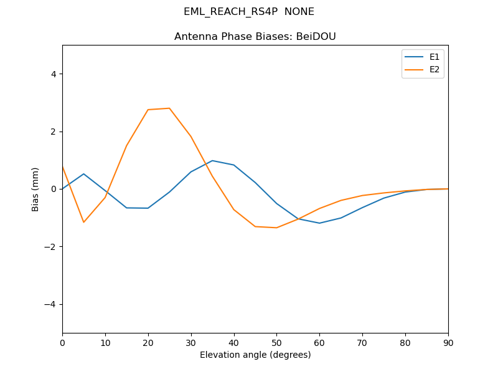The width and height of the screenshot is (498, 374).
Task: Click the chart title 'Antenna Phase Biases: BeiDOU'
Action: point(255,37)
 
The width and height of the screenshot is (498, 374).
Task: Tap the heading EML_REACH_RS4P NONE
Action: point(249,12)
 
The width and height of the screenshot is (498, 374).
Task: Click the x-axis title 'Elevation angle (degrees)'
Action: point(255,355)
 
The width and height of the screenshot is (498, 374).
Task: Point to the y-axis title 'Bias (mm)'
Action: point(35,189)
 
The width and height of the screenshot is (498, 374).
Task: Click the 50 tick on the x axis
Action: point(276,342)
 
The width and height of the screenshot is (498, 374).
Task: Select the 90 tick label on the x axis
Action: point(448,342)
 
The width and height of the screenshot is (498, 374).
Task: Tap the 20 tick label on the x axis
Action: point(148,342)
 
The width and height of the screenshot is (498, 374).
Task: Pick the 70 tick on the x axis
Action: point(362,342)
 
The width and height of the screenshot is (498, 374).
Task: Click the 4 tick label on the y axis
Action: point(54,74)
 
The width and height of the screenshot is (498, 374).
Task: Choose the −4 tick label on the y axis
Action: point(51,304)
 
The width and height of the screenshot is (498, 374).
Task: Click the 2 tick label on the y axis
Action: point(54,132)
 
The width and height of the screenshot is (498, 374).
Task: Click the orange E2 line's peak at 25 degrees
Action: point(169,108)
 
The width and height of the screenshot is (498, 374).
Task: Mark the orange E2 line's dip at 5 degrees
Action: point(83,222)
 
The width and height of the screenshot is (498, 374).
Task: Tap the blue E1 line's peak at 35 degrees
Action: point(212,161)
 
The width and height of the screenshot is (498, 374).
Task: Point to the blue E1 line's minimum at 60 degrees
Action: point(319,223)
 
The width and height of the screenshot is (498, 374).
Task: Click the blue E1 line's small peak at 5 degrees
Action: point(83,174)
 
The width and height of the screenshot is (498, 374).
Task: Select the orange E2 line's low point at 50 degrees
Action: point(276,228)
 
